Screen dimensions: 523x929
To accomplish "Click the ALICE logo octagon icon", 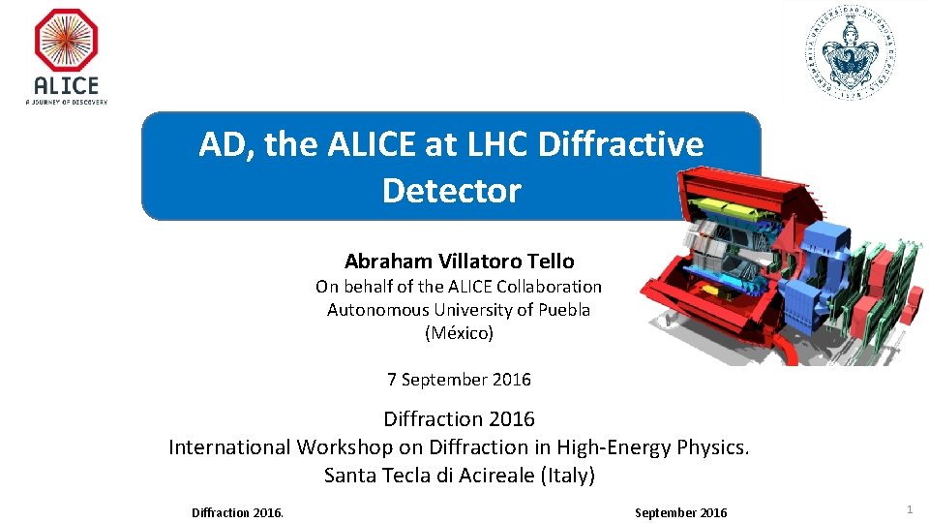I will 66,41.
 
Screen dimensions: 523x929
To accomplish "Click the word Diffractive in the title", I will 620,144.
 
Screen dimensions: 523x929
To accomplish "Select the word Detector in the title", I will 451,190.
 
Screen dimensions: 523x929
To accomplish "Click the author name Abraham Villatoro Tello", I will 459,261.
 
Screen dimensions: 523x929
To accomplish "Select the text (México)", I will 459,333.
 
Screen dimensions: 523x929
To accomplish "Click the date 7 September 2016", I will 459,380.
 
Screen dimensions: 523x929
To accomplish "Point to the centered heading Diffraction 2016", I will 459,419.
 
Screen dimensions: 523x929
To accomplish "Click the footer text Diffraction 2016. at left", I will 237,512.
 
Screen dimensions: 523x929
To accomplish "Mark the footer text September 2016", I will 680,512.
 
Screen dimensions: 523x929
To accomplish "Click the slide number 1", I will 909,509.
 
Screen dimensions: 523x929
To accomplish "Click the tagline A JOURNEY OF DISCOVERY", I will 66,101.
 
